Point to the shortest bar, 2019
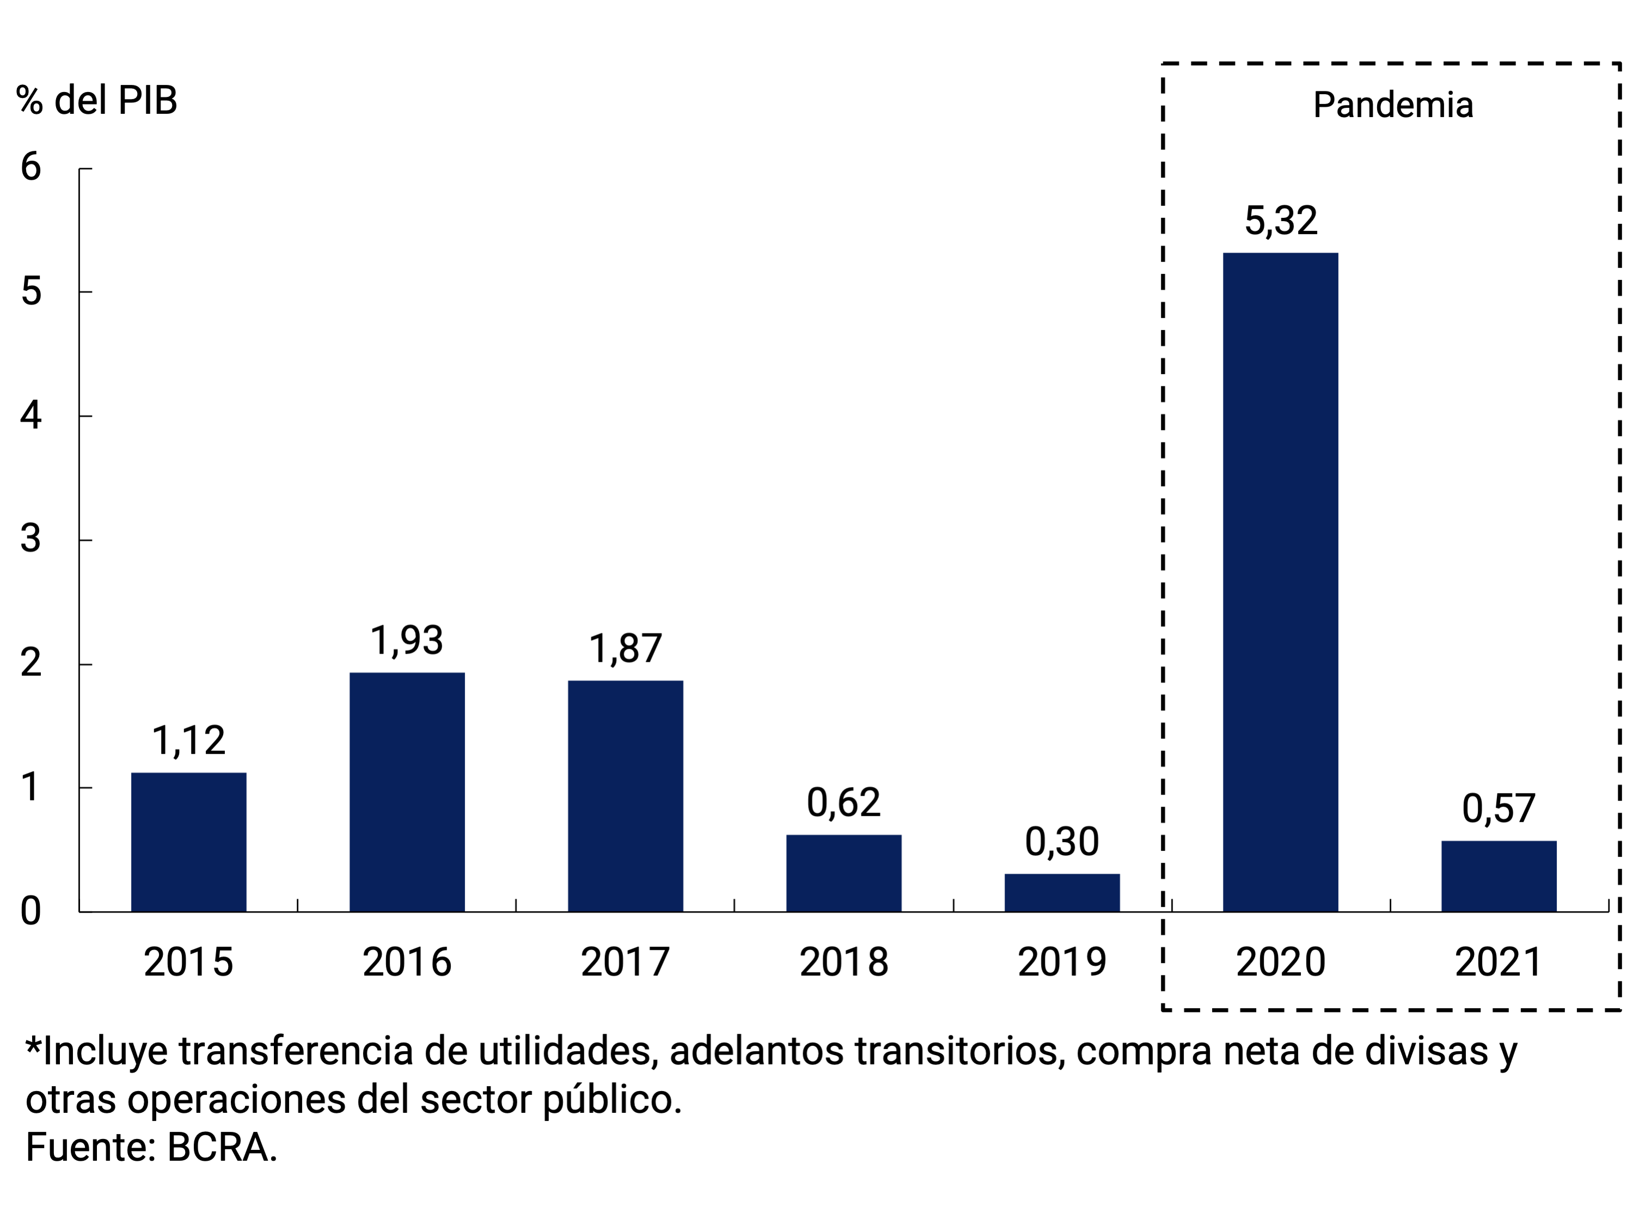tap(1062, 893)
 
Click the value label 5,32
tap(1281, 221)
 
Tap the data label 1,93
tap(407, 640)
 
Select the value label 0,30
tap(1062, 842)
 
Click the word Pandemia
tap(1393, 105)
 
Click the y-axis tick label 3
tap(30, 539)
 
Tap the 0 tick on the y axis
tap(30, 911)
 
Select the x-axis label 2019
tap(1062, 962)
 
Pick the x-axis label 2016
tap(407, 962)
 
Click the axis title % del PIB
tap(97, 100)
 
